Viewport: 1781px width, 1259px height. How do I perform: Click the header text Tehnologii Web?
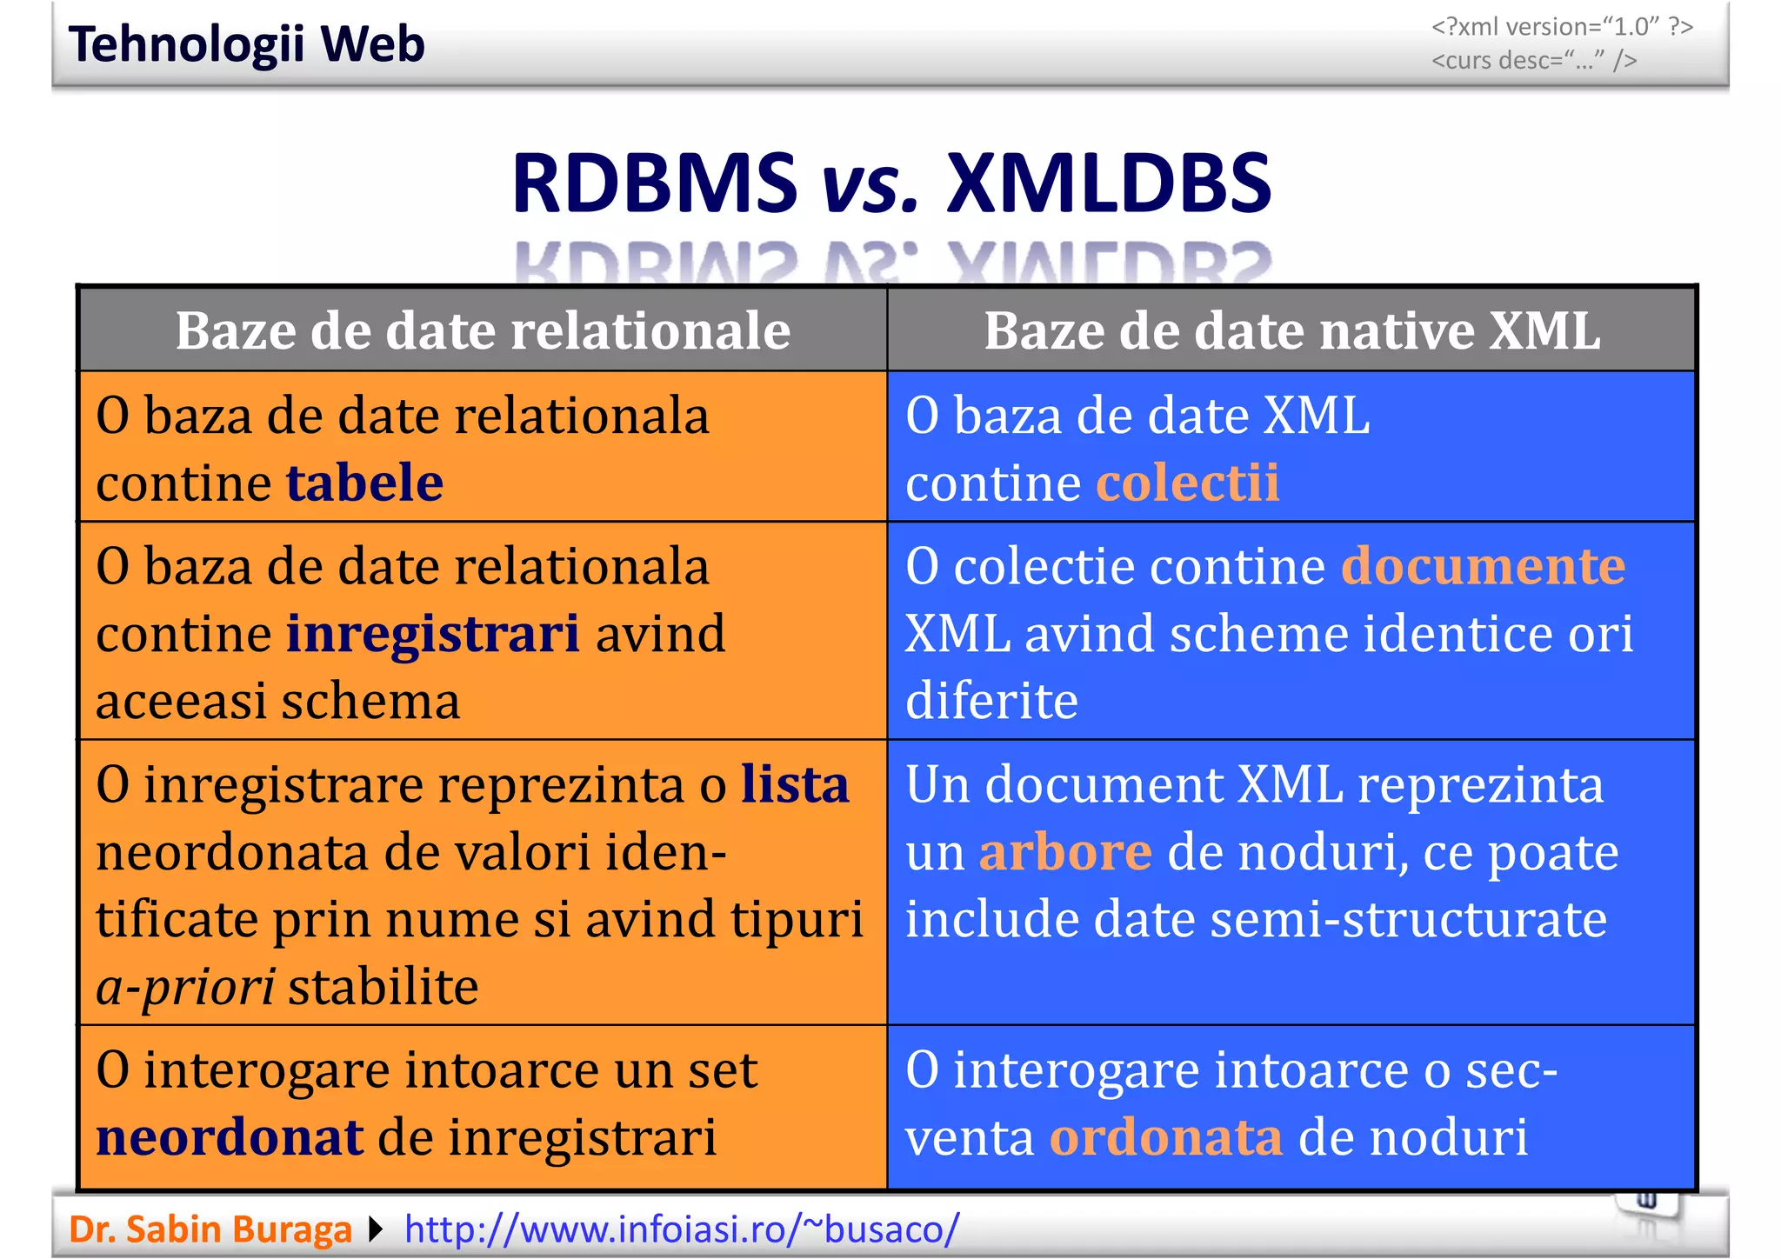click(x=247, y=44)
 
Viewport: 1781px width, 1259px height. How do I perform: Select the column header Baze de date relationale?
click(x=483, y=330)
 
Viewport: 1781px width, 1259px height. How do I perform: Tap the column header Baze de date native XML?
click(x=1291, y=330)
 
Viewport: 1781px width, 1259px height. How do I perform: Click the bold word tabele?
click(x=364, y=483)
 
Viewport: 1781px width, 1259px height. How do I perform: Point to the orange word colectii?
click(x=1187, y=483)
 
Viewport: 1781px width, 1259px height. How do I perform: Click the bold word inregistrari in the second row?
click(x=432, y=633)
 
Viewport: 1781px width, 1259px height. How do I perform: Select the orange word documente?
click(x=1483, y=566)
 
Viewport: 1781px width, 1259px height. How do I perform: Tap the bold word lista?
click(x=795, y=784)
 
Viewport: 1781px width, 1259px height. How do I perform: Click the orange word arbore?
click(x=1065, y=852)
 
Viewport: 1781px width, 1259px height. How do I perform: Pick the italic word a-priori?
click(x=185, y=987)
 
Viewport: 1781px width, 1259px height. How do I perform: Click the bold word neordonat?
click(x=229, y=1137)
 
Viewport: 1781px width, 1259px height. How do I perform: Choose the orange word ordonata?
click(x=1165, y=1137)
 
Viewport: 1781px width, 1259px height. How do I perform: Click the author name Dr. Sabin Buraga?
click(x=210, y=1229)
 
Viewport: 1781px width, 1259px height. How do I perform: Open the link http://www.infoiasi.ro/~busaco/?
click(x=682, y=1229)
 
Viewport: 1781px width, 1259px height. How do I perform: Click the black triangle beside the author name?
click(x=376, y=1229)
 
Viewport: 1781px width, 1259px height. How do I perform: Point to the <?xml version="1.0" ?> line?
click(x=1562, y=27)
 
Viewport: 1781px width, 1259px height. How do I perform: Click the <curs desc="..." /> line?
click(x=1534, y=61)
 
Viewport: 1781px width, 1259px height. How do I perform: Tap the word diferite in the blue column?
click(x=991, y=701)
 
